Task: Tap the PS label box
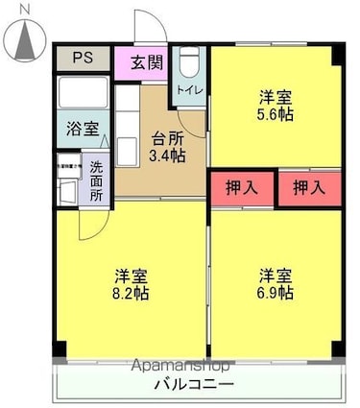pyautogui.click(x=82, y=56)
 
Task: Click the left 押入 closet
pyautogui.click(x=242, y=186)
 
